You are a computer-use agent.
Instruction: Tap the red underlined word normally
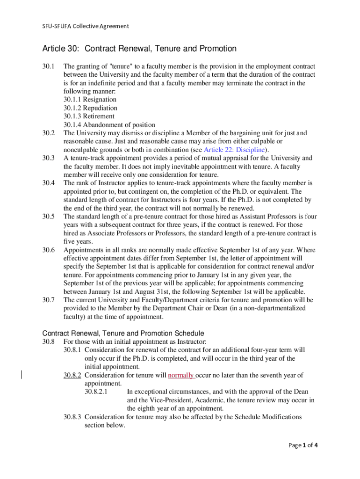181,375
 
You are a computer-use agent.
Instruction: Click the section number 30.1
49,66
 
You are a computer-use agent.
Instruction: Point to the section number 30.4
49,183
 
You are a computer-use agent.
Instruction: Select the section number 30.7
49,300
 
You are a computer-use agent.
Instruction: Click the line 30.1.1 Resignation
90,100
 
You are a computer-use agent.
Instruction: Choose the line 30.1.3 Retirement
89,116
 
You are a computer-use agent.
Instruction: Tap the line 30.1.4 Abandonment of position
109,125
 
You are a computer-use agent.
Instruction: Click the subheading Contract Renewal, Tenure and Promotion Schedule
123,334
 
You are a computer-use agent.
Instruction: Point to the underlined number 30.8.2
72,375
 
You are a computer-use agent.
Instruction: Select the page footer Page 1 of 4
303,445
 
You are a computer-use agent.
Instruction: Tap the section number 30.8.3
72,417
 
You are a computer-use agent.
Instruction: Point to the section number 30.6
49,250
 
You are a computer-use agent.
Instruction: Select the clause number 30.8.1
72,350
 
